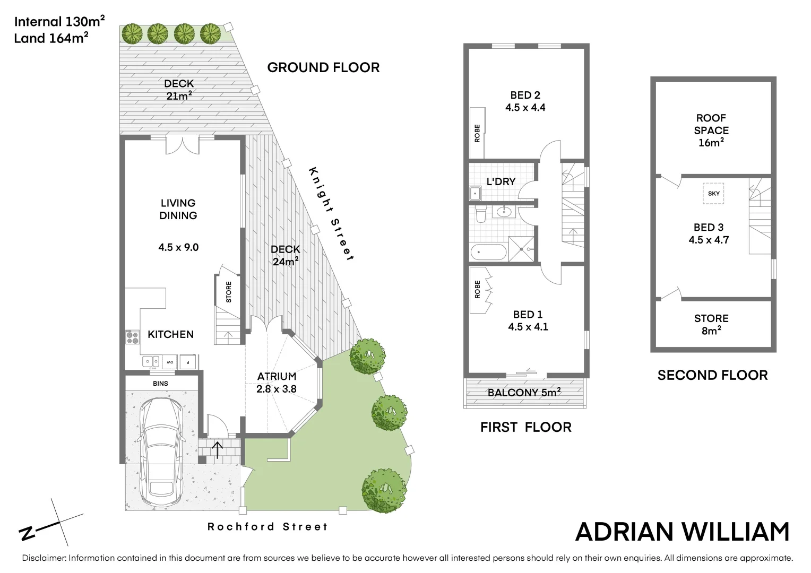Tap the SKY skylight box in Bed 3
click(x=714, y=194)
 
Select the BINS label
click(x=160, y=383)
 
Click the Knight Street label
click(x=331, y=214)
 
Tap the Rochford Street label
click(x=268, y=527)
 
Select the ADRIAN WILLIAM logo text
click(x=682, y=532)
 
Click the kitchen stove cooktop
click(x=132, y=337)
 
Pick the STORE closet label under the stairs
click(x=229, y=292)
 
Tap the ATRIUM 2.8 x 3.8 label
click(x=277, y=383)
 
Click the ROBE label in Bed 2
click(x=477, y=133)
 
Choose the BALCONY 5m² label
click(x=524, y=393)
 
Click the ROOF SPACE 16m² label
click(x=711, y=130)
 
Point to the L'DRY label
click(x=501, y=181)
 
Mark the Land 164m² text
click(x=51, y=38)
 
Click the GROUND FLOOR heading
click(x=323, y=67)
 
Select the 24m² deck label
click(x=286, y=255)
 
